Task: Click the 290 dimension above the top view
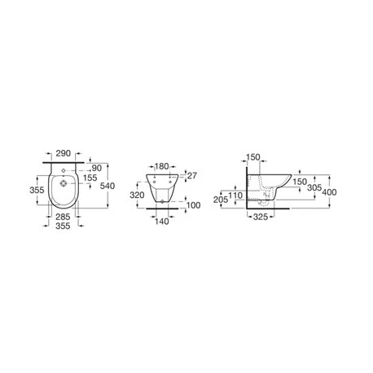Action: coord(63,153)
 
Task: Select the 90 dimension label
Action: coord(96,169)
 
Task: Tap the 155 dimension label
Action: coord(90,178)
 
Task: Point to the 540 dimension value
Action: coord(108,186)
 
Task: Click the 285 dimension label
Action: coord(63,217)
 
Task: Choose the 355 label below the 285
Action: coord(63,226)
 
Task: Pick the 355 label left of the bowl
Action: coord(37,190)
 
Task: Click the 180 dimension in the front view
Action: coord(161,166)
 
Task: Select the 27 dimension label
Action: coord(192,176)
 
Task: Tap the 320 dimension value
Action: coord(137,195)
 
